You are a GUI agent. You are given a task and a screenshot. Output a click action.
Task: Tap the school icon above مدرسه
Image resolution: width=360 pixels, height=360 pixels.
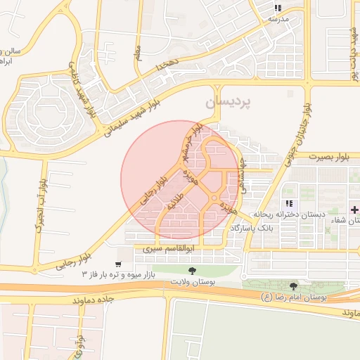(277, 8)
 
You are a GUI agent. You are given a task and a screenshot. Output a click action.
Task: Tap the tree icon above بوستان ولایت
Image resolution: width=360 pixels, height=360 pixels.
(191, 270)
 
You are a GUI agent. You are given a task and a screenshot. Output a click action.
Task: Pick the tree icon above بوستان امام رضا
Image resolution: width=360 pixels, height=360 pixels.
(293, 286)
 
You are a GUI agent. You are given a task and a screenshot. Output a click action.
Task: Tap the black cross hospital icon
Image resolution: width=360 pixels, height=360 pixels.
(354, 210)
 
